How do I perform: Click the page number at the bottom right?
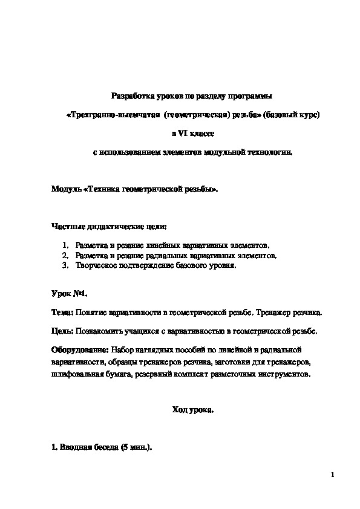[333, 475]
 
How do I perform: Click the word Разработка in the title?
[131, 96]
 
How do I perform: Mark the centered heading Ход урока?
[193, 410]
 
